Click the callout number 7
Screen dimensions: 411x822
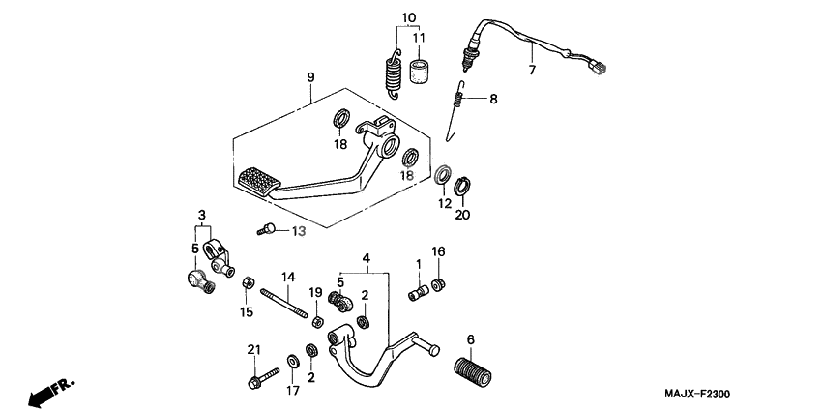click(531, 71)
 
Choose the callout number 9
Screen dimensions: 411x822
click(310, 76)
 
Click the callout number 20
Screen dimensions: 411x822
click(462, 215)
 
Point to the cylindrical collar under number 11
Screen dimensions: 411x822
click(419, 72)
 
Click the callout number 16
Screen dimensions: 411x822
click(438, 251)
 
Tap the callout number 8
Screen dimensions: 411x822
click(492, 98)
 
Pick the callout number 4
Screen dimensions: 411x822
click(367, 258)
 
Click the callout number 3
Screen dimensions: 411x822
click(202, 213)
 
